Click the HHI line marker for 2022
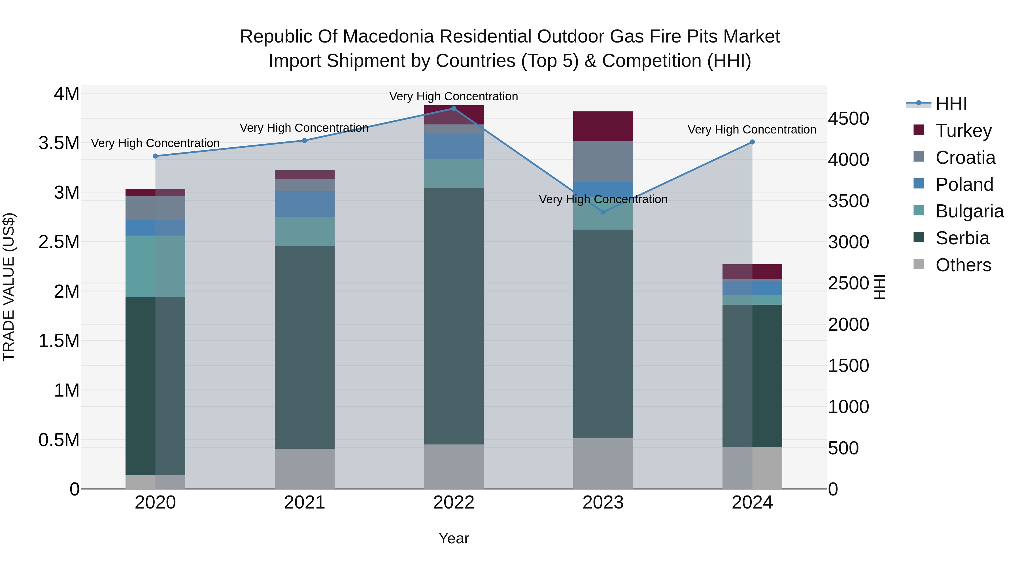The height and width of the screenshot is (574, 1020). coord(454,109)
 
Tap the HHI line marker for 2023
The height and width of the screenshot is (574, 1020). coord(603,212)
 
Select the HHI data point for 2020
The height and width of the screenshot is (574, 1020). coord(155,156)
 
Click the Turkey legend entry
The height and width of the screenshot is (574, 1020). coord(963,130)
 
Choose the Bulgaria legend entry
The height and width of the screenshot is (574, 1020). coord(969,211)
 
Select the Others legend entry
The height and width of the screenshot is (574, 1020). coord(963,265)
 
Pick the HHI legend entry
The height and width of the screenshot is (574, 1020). coord(951,104)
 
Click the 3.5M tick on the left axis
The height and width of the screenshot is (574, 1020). coord(59,143)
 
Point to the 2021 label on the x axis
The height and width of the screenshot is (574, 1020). coord(305,503)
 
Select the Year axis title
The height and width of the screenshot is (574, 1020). coord(454,538)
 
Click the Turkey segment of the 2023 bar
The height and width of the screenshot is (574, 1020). coord(603,126)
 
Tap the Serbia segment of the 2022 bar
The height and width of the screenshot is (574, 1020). coord(454,316)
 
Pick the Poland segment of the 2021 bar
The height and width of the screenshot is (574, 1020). coord(305,204)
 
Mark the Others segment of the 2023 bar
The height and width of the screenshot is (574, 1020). coord(603,463)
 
